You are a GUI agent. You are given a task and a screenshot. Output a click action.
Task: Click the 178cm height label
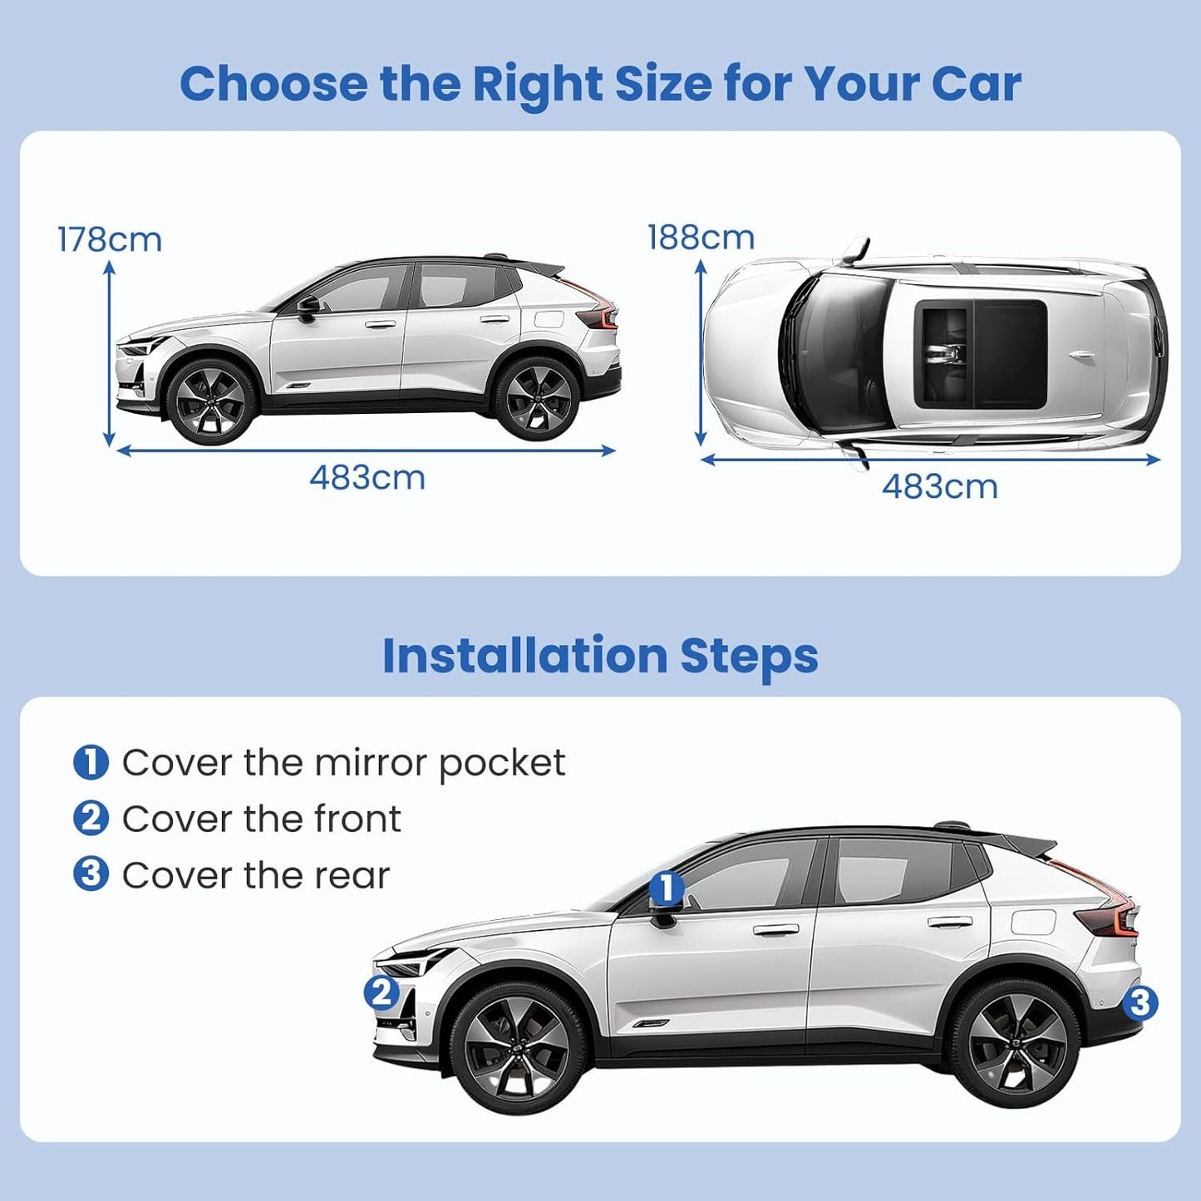point(109,239)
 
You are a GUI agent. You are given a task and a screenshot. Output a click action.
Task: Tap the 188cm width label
point(701,238)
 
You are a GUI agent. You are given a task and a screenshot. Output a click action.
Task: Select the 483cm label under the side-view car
point(367,478)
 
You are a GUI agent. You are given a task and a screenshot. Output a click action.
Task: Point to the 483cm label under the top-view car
point(939,486)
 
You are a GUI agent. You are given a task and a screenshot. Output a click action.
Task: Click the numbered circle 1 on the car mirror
point(666,888)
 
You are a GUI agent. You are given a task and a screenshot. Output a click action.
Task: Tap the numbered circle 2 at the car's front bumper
point(381,992)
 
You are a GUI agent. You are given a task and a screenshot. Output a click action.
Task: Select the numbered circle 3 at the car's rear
point(1139,1003)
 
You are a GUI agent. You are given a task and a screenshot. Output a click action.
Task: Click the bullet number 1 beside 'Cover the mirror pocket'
point(91,762)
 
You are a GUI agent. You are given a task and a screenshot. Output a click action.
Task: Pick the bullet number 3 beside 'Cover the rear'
point(91,874)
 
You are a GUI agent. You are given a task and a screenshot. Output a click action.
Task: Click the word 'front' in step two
point(357,820)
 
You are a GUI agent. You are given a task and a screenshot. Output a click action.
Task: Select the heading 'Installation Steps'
point(600,656)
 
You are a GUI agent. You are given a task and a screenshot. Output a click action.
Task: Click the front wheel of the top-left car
point(210,401)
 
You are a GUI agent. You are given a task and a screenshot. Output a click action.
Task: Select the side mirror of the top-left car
point(308,307)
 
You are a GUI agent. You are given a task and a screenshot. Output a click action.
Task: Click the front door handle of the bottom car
point(775,929)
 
